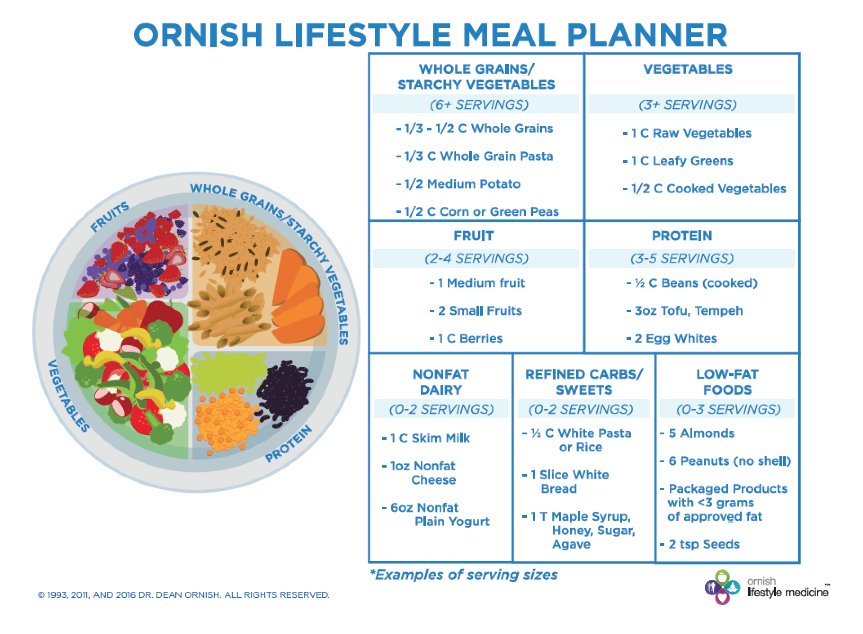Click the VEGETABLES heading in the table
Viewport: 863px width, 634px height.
coord(688,69)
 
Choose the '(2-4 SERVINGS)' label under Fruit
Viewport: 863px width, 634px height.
coord(476,259)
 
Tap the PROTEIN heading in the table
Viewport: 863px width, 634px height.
coord(682,236)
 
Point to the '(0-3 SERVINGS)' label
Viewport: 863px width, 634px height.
coord(728,410)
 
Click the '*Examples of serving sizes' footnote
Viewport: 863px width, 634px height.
coord(464,575)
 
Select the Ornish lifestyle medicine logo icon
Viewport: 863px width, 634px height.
coord(723,587)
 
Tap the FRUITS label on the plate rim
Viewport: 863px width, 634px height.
coord(110,217)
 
